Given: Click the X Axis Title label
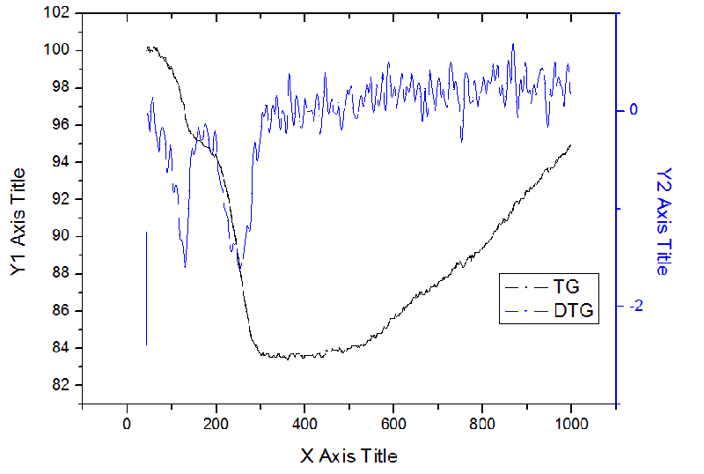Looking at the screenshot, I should (349, 455).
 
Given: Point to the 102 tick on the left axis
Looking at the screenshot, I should (57, 13).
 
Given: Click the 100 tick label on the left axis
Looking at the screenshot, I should (57, 50).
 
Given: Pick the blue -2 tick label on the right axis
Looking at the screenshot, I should (630, 306).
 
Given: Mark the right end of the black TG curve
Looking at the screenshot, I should (571, 144).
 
